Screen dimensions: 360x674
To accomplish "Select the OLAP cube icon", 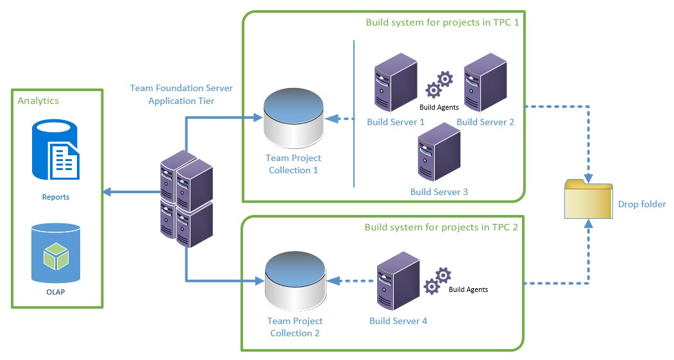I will [x=56, y=253].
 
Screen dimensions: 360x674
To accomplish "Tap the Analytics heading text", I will [x=38, y=101].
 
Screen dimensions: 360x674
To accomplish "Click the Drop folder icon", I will [x=587, y=200].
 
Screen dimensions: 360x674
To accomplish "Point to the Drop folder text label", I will [x=641, y=205].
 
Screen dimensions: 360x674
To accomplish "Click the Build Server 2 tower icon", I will [x=485, y=83].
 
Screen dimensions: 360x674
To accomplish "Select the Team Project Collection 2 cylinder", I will [x=295, y=282].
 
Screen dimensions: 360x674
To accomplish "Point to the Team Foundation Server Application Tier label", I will [x=181, y=94].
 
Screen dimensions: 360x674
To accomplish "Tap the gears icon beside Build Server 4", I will [x=438, y=282].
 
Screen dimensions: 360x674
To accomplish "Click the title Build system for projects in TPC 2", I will [x=441, y=227].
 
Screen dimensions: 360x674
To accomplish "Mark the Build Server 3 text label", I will [x=439, y=192].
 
